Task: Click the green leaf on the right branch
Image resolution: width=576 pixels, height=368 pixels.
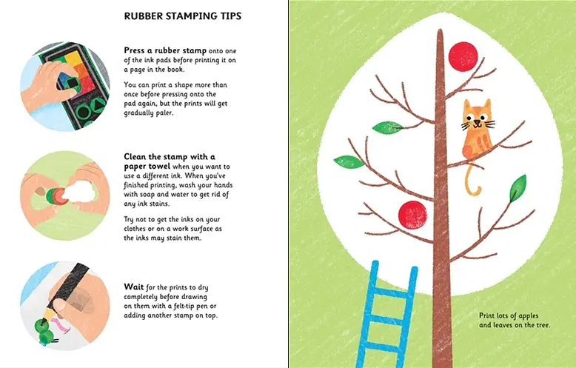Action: pos(518,188)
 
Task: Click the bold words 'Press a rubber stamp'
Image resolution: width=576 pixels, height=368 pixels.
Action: pos(165,50)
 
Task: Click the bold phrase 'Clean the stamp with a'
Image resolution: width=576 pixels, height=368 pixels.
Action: pos(170,156)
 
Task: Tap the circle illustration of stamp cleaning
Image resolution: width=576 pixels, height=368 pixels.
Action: pos(64,194)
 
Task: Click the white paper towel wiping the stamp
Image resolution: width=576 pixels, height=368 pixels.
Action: pos(86,192)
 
